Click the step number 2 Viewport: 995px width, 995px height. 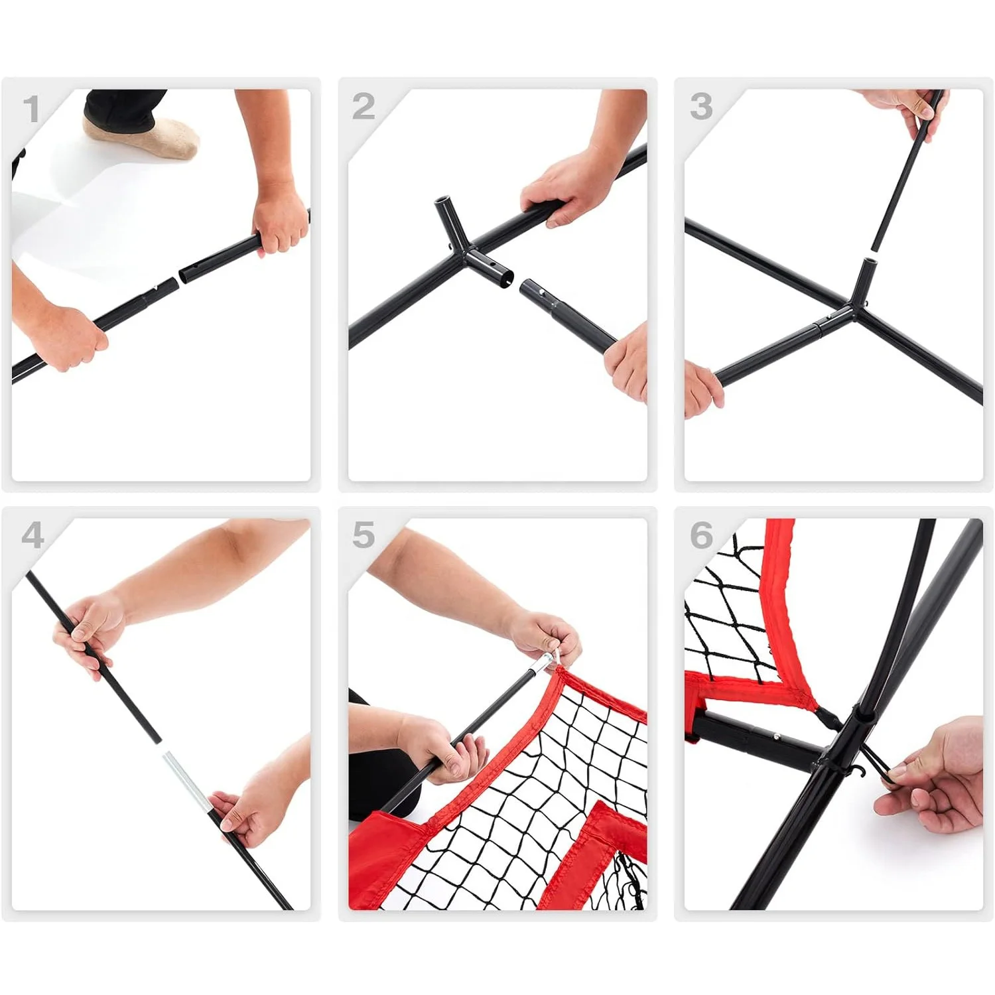[x=364, y=107]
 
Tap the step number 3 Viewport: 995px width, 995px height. [x=701, y=106]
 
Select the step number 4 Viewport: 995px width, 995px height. [x=33, y=535]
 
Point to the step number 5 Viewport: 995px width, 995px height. [x=364, y=535]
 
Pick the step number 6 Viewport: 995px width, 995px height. [x=701, y=535]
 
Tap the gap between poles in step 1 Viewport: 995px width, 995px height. [x=180, y=277]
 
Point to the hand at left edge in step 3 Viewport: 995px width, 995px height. [x=702, y=388]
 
